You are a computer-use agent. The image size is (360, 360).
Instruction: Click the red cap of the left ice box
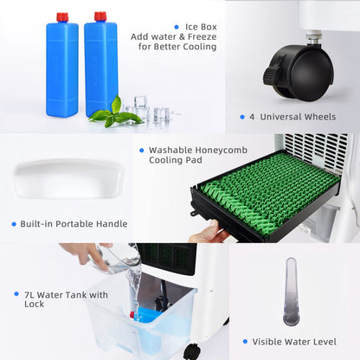[62, 17]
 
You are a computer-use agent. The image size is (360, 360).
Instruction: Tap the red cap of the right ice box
[100, 16]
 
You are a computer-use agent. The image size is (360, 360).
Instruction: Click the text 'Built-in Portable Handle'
[74, 224]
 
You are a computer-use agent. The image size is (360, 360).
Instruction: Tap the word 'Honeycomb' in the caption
[222, 150]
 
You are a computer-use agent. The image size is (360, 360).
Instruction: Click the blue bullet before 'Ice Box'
[177, 27]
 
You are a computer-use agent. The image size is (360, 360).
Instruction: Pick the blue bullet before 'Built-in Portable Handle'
[14, 224]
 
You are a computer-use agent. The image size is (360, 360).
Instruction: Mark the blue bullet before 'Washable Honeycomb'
[141, 150]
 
